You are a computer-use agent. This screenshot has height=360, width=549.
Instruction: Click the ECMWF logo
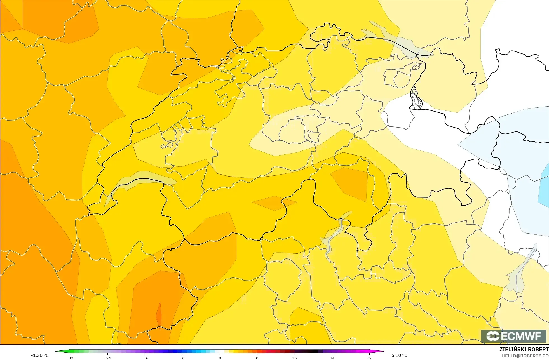[x=513, y=336]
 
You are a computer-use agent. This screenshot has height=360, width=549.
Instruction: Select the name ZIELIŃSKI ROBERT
[x=524, y=349]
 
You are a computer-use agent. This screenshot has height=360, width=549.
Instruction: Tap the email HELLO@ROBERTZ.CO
[x=525, y=356]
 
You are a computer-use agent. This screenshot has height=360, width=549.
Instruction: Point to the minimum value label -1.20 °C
[x=40, y=355]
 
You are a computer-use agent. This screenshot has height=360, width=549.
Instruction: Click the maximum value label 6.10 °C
[x=399, y=355]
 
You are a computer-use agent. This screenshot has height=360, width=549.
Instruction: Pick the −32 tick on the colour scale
[x=70, y=358]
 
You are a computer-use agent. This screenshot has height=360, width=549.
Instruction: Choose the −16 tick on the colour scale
[x=145, y=358]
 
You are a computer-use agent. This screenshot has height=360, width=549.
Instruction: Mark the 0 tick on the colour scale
[x=220, y=358]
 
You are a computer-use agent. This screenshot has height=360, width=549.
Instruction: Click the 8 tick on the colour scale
[x=257, y=358]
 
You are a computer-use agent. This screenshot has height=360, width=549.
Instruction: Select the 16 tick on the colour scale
[x=294, y=358]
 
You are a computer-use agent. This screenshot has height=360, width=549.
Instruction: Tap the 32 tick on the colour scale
[x=369, y=358]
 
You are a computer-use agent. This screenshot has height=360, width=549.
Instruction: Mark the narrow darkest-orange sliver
[x=159, y=315]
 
